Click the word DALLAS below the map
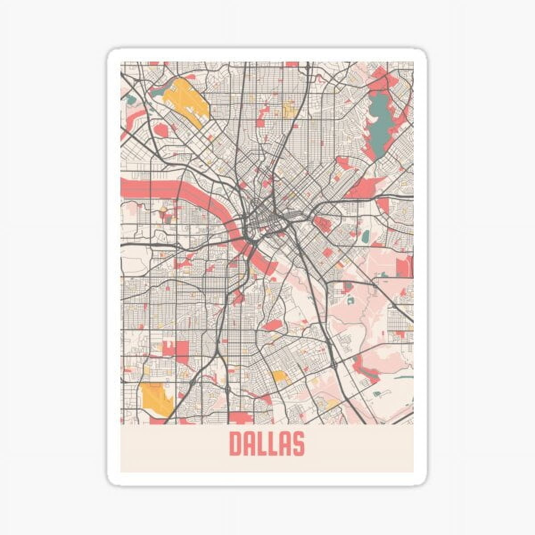point(267,444)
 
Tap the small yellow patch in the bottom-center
point(280,376)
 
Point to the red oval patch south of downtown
point(272,325)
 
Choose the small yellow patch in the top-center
point(289,108)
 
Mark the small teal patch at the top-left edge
point(130,99)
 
